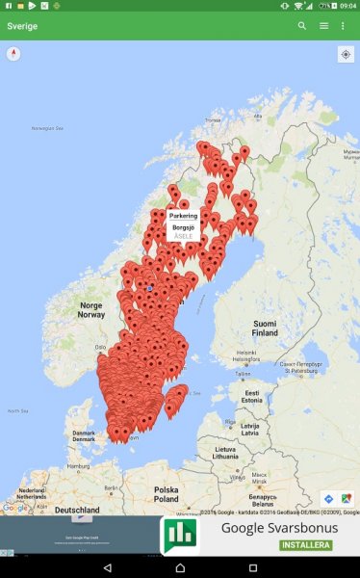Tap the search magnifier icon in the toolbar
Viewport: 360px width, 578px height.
[302, 26]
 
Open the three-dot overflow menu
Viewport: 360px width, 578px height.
[343, 26]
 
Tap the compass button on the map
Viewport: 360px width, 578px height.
[13, 54]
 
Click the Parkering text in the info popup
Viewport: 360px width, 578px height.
[183, 216]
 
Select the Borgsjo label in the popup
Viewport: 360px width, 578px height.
[183, 227]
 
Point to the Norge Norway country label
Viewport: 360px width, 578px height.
[90, 310]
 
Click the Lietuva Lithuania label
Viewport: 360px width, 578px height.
[226, 453]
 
